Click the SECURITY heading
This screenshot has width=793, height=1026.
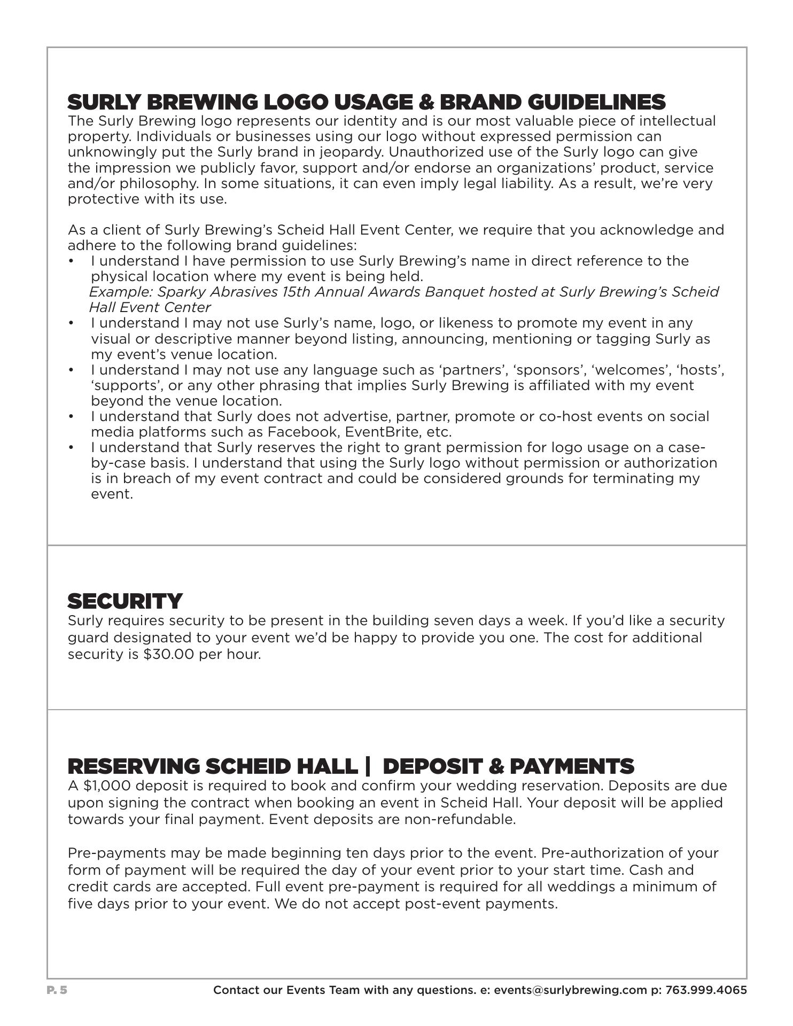(125, 601)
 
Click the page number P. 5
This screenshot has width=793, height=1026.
(57, 990)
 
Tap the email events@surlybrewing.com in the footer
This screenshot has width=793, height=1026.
(570, 990)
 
